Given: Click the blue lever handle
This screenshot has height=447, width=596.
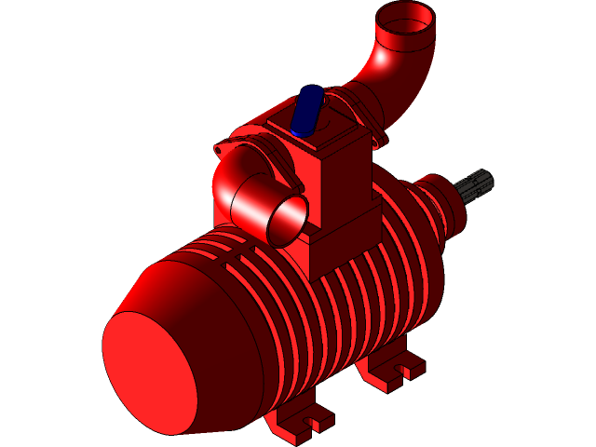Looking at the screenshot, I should click(x=306, y=110).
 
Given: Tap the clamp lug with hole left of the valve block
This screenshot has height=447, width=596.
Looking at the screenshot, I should click(x=221, y=148).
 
